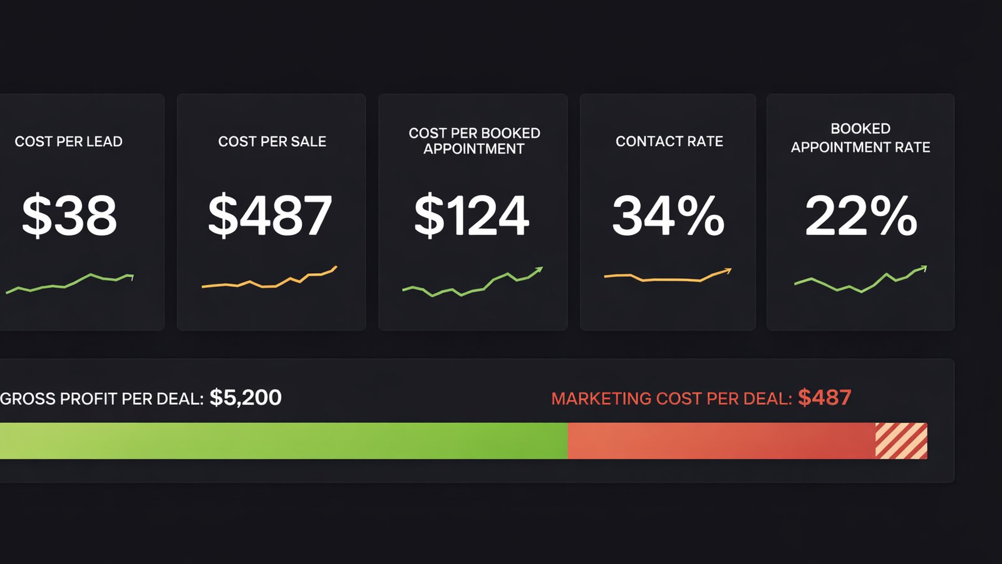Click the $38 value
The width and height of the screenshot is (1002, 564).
tap(69, 216)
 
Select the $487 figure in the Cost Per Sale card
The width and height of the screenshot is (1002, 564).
tap(270, 216)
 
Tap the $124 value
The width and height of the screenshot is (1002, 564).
tap(472, 216)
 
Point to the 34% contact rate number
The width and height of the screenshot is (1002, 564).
tap(668, 216)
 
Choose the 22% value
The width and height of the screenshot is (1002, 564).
tap(860, 216)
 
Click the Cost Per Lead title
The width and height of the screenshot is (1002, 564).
tap(68, 142)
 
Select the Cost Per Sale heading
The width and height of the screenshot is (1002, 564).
tap(272, 142)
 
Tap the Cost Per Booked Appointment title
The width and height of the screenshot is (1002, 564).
tap(474, 141)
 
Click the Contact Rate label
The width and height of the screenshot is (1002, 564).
tap(669, 142)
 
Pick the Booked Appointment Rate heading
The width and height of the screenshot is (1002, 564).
tap(860, 138)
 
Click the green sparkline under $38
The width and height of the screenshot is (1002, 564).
tap(69, 283)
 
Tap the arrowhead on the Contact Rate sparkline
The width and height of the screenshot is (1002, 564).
tap(728, 271)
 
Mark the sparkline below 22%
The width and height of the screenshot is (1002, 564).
tap(860, 281)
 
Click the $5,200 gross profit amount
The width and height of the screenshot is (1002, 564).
tap(245, 397)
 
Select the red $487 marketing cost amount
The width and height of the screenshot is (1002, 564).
tap(824, 397)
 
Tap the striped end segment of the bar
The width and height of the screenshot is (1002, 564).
tap(901, 441)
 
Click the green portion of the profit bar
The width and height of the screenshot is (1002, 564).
tap(282, 441)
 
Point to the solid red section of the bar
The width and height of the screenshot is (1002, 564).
tap(720, 441)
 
